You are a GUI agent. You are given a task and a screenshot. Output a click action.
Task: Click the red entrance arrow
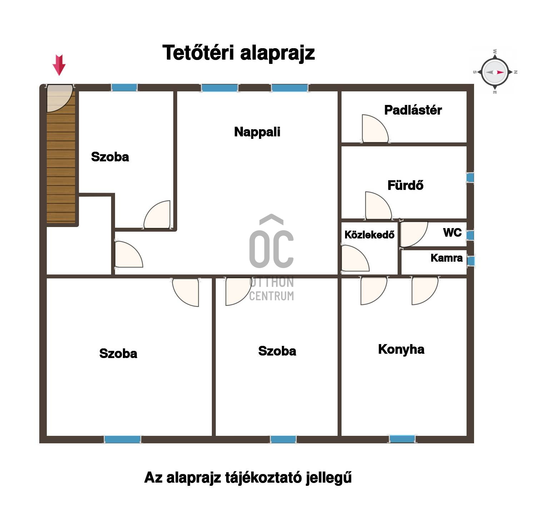(59, 65)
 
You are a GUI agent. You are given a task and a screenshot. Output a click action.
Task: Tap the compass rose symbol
(495, 72)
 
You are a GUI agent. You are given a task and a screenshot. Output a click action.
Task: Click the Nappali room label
(257, 132)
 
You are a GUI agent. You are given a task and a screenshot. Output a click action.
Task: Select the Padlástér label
(413, 110)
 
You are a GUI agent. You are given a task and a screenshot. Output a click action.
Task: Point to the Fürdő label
(405, 185)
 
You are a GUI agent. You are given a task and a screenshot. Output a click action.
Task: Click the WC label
(452, 233)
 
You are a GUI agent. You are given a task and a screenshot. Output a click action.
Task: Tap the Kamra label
(447, 258)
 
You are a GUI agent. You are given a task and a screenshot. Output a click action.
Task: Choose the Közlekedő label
(369, 235)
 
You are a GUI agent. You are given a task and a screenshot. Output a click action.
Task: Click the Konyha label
(401, 349)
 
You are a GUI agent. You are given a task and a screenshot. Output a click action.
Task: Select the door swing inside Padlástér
(375, 128)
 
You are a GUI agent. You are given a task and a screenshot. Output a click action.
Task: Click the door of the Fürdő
(378, 206)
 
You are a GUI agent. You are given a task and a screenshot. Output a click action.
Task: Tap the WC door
(414, 235)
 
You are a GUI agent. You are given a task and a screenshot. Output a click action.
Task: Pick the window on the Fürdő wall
(470, 177)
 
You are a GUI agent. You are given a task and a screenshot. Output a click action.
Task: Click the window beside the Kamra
(471, 261)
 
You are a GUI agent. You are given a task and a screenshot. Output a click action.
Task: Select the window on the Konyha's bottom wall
(402, 439)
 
